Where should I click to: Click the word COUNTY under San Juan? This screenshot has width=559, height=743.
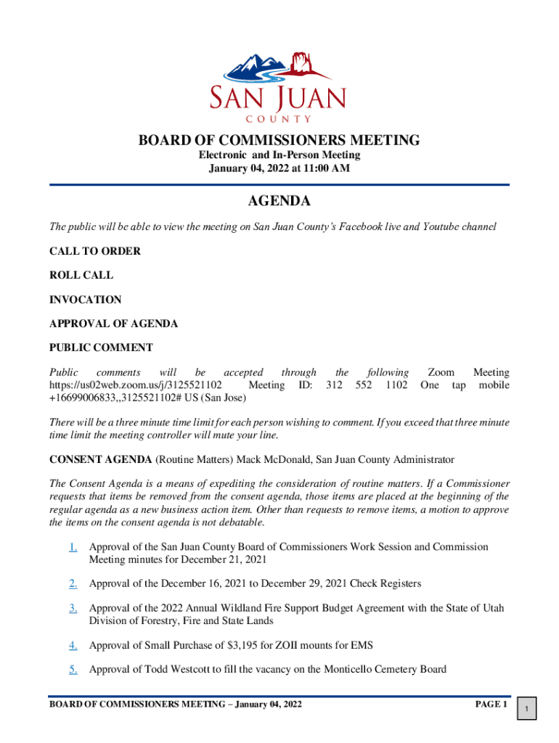point(279,119)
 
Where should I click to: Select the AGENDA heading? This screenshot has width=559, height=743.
point(279,201)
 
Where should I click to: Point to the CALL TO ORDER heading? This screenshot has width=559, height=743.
point(94,251)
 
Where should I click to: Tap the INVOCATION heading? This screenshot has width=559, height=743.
point(85,300)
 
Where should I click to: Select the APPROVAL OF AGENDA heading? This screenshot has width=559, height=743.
point(113,324)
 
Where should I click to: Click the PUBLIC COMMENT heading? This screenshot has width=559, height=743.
point(101,348)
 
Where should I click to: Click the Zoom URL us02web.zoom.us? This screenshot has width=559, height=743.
point(135,385)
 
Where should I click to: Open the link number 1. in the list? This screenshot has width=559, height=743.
point(73,547)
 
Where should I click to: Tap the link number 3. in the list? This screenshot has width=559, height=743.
point(73,608)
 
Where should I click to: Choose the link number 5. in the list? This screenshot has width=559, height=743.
point(73,669)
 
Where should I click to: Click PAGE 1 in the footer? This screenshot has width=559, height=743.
point(491,704)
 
